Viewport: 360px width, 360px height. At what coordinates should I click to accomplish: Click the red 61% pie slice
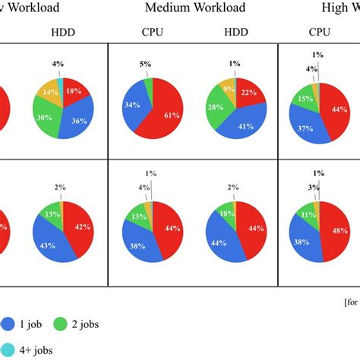(x=167, y=114)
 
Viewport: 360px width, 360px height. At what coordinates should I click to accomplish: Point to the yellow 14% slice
(x=51, y=93)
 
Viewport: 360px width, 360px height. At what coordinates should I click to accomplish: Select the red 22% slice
(x=248, y=92)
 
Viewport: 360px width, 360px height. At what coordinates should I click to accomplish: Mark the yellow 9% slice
(x=228, y=87)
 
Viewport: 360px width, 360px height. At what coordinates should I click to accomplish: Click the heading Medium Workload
(x=206, y=8)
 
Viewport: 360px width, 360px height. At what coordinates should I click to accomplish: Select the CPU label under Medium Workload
(x=152, y=33)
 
